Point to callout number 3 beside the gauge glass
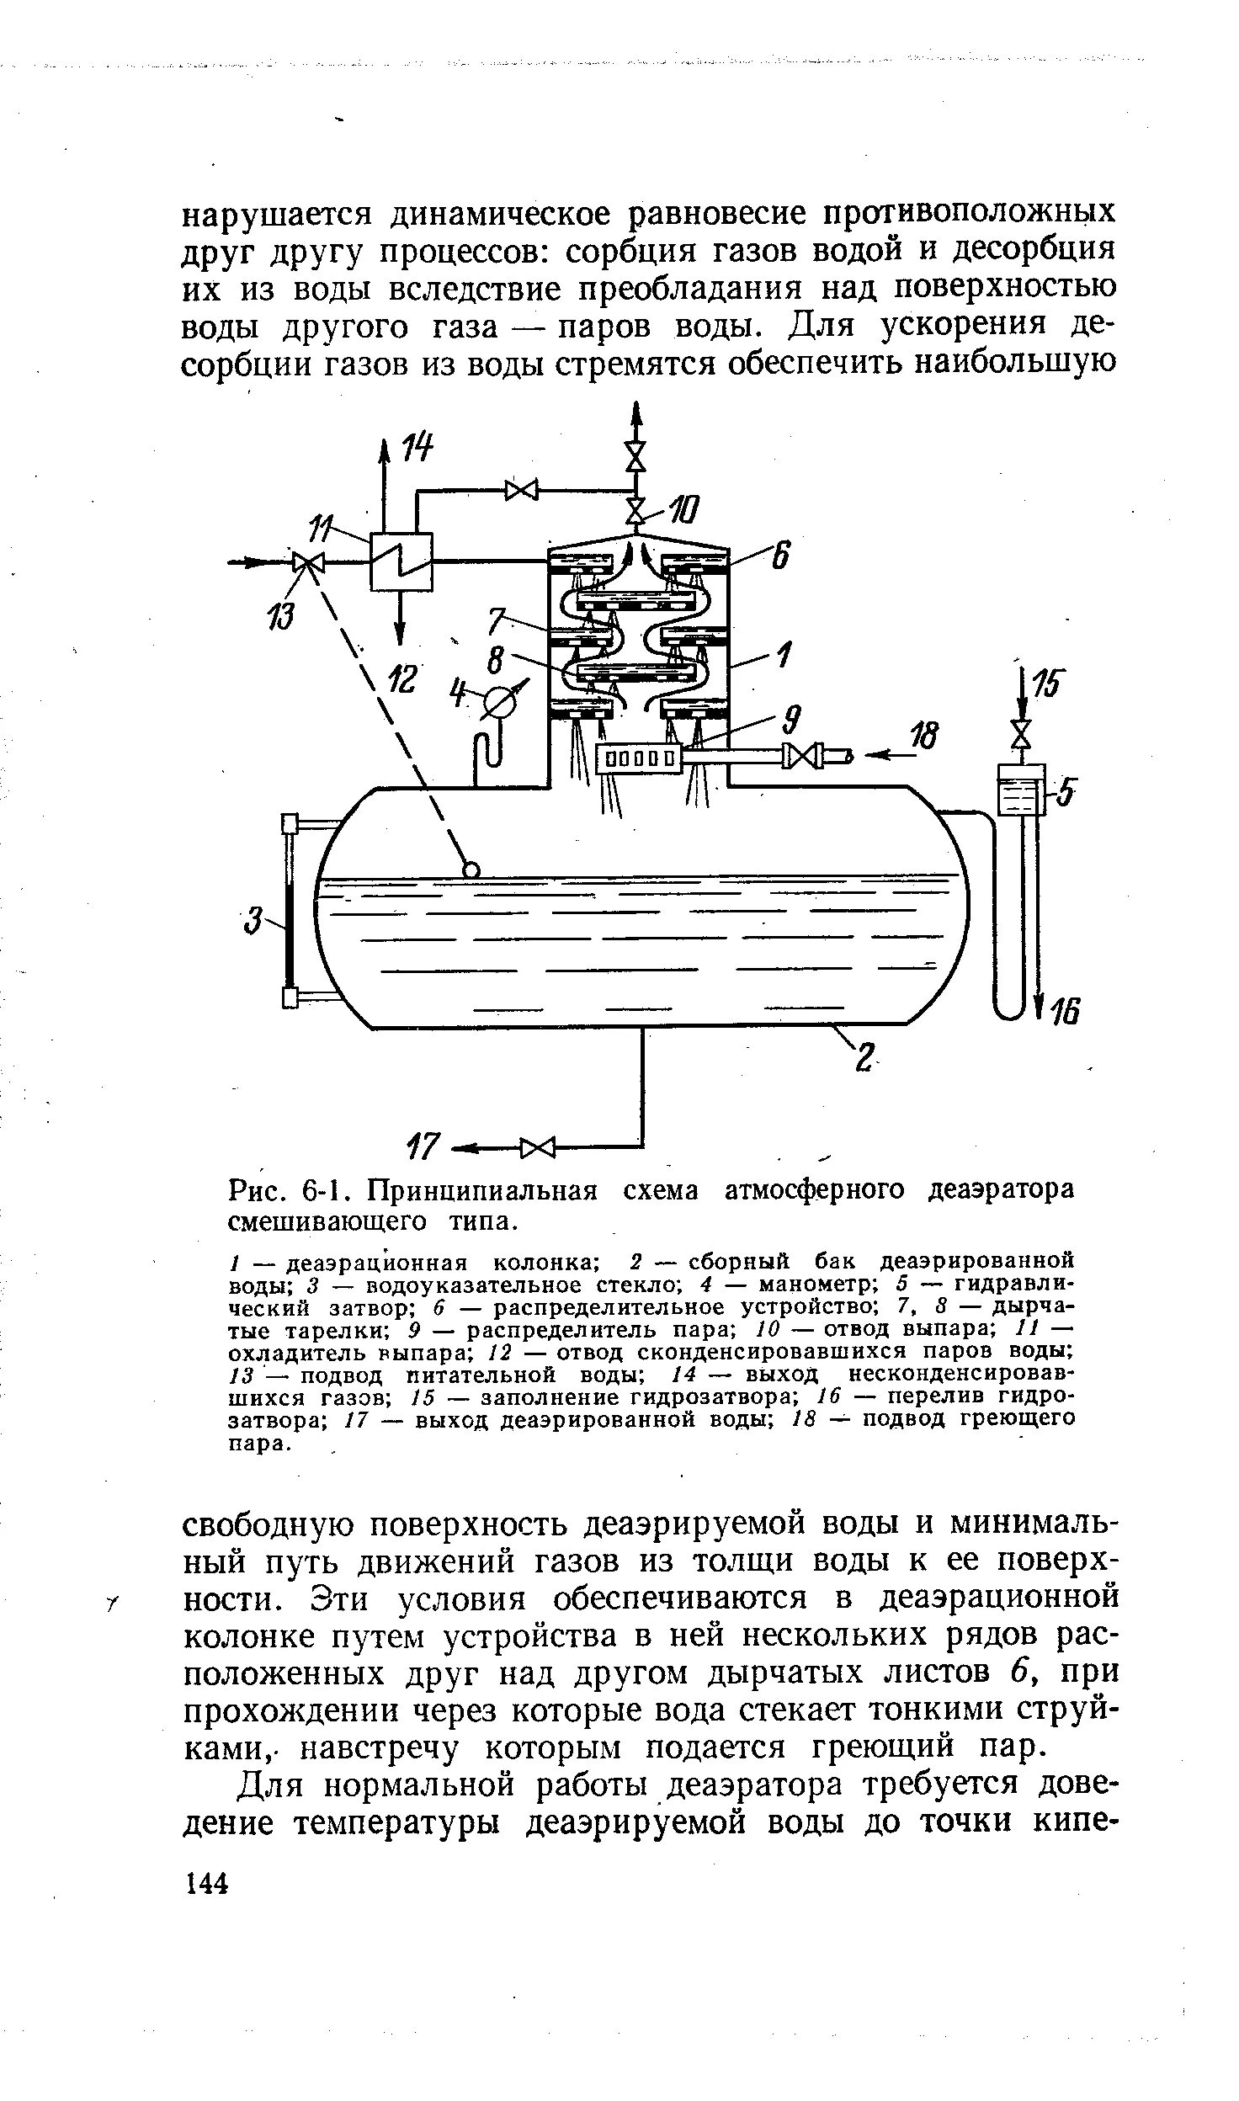(x=251, y=920)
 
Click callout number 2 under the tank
(x=864, y=1057)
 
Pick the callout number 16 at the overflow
(x=1063, y=1012)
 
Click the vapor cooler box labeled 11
(x=401, y=561)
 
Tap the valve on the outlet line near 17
(x=539, y=1146)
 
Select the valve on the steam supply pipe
(x=801, y=756)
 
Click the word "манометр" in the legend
(x=806, y=1285)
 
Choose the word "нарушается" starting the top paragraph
(x=278, y=214)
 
